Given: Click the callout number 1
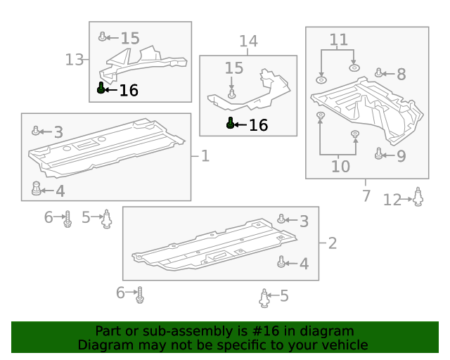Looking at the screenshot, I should click(x=205, y=155).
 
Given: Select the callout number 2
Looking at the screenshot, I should click(x=332, y=243).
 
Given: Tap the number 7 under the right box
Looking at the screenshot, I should click(x=366, y=195).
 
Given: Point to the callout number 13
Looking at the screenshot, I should click(x=75, y=60).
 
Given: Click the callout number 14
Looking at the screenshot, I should click(x=248, y=42).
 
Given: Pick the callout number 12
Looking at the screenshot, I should click(x=392, y=200).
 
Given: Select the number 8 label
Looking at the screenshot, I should click(x=401, y=74).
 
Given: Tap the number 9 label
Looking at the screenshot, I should click(x=401, y=156).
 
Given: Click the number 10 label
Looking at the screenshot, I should click(x=340, y=167).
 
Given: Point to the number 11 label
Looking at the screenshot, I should click(x=339, y=40).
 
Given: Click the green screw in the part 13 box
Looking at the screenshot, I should click(x=101, y=88).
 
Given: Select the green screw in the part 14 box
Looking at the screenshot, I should click(x=231, y=123).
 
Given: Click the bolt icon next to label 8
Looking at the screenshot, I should click(x=379, y=72).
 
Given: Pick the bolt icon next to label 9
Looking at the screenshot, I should click(x=379, y=154).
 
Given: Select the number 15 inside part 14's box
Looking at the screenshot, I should click(x=233, y=68).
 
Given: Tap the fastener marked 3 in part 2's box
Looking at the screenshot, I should click(x=281, y=219).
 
